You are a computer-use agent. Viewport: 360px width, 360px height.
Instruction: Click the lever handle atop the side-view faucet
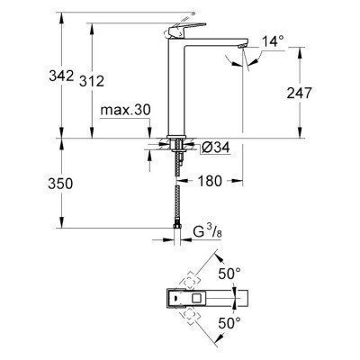pyautogui.click(x=184, y=18)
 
